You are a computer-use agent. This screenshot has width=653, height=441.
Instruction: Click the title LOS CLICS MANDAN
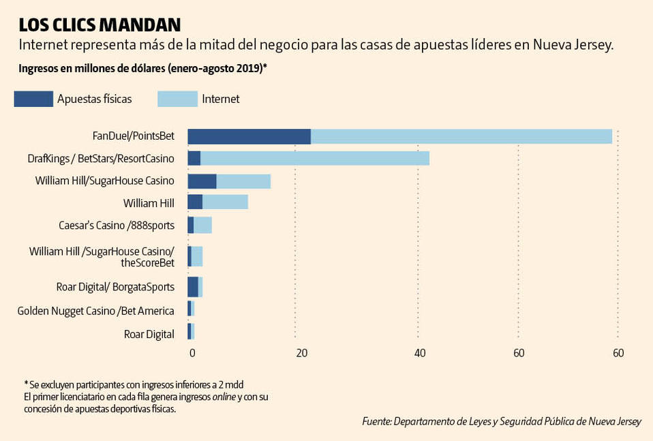[100, 25]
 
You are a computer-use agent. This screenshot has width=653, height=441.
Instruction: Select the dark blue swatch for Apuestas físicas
[33, 99]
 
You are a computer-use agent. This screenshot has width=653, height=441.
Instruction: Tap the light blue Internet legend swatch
[177, 99]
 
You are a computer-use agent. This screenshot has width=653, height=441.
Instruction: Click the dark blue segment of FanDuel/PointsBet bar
[249, 136]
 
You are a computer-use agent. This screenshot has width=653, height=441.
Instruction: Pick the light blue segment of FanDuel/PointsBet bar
[461, 136]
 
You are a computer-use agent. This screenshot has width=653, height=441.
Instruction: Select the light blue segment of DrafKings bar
[315, 158]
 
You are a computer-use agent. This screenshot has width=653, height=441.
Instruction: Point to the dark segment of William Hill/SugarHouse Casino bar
[202, 181]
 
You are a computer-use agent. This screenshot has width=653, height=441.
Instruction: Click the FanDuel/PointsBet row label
[134, 136]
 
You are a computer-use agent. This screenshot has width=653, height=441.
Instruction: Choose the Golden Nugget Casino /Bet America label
[95, 311]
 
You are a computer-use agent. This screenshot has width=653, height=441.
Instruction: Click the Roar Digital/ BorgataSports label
[115, 287]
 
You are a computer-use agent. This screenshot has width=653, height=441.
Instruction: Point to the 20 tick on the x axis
[300, 353]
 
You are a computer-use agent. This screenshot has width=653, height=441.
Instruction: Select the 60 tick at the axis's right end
[618, 353]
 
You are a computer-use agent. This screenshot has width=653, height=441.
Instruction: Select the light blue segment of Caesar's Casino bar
[203, 225]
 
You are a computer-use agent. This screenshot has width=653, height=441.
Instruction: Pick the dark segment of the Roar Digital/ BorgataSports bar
[193, 287]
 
